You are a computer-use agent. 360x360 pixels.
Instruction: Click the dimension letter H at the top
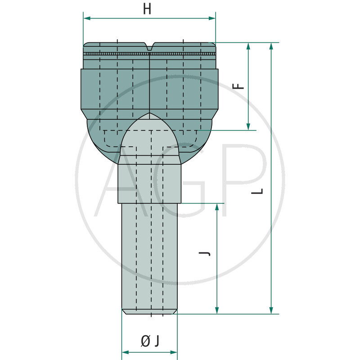(147, 9)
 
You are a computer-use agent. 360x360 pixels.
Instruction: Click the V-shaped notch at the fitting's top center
(149, 46)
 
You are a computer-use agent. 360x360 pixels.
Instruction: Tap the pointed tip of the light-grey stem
(149, 115)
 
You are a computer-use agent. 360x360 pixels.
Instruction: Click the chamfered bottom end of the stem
(149, 311)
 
